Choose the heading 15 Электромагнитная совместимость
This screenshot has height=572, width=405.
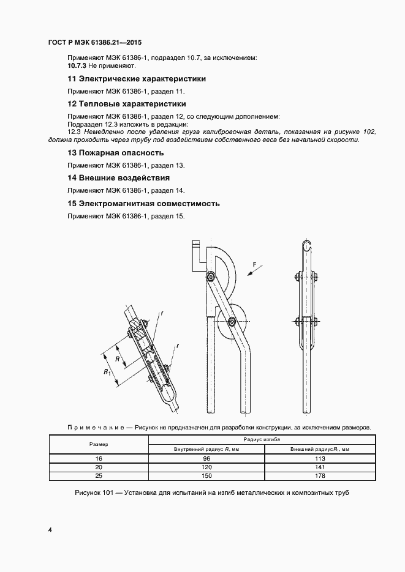[143, 203]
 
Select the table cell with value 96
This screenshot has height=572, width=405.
[206, 458]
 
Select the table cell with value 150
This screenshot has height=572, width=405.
[206, 475]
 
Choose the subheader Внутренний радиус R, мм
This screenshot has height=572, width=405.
[206, 450]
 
